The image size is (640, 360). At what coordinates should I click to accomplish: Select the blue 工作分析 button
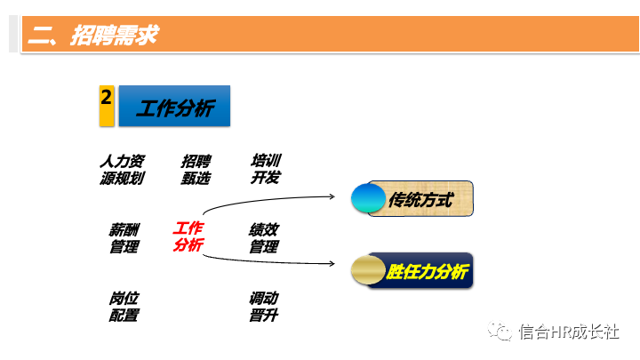175,107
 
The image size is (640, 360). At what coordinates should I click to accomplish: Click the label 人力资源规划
122,169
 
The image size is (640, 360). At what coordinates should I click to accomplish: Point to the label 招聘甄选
196,169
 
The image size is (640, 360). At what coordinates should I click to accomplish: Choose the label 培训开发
266,169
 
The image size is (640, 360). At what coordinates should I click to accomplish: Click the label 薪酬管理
124,238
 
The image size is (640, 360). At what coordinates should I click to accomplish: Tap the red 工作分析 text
188,236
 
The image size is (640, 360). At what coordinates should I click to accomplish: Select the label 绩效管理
264,238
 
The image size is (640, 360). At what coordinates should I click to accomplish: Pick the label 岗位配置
124,307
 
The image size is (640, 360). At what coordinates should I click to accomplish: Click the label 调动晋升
264,307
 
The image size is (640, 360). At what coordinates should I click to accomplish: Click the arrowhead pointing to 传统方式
331,196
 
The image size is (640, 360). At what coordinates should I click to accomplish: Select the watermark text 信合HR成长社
569,331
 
